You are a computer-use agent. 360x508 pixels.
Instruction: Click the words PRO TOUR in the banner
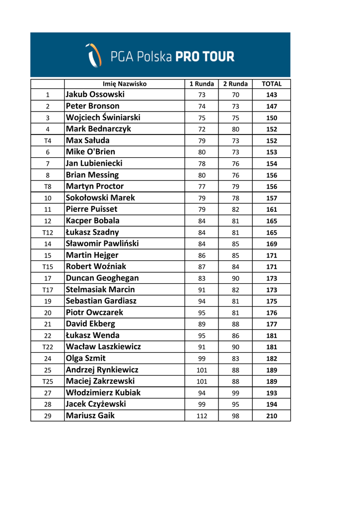tap(205, 57)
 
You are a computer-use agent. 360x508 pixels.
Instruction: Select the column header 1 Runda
tap(202, 84)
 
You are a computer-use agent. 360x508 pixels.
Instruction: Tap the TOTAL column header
tap(272, 84)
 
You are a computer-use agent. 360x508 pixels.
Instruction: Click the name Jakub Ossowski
tap(95, 95)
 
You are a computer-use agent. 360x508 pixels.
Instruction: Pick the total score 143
tap(272, 95)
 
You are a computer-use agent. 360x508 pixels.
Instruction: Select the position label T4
tap(47, 141)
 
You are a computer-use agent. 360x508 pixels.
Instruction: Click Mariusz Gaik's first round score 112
tap(202, 416)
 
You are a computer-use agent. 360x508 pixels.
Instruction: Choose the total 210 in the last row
tap(272, 416)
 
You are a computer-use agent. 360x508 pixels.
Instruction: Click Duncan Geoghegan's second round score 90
tap(235, 278)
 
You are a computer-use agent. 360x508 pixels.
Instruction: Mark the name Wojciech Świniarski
tap(103, 118)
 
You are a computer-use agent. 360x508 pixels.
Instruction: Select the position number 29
tap(47, 416)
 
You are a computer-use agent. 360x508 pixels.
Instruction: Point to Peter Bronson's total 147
tap(272, 107)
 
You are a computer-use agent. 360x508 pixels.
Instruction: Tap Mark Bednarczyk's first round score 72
tap(202, 129)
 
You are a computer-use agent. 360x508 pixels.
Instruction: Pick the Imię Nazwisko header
tap(125, 84)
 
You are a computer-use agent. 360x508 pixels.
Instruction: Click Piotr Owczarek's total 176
tap(272, 313)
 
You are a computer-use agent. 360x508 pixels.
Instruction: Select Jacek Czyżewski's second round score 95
tap(235, 405)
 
